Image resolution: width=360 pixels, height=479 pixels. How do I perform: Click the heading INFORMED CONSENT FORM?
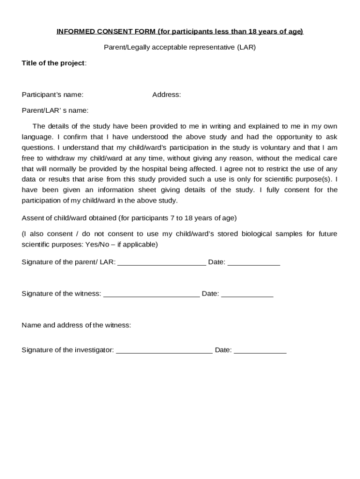(x=180, y=31)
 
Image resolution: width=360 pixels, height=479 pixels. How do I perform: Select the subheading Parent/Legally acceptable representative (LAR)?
(x=180, y=47)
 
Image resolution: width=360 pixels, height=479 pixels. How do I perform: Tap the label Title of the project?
(x=54, y=63)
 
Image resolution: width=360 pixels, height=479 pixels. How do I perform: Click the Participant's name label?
(x=53, y=94)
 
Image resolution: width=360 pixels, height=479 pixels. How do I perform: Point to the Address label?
(x=166, y=94)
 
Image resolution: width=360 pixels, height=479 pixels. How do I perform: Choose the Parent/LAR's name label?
(x=55, y=110)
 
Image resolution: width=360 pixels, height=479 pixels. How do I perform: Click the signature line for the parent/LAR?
(x=161, y=263)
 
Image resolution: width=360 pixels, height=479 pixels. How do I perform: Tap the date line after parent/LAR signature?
(x=253, y=263)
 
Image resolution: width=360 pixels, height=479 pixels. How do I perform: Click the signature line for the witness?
(x=151, y=295)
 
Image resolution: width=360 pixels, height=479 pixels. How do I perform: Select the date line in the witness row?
(x=247, y=295)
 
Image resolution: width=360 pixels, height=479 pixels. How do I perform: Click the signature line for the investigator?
(x=164, y=351)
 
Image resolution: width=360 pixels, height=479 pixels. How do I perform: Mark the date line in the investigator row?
(x=260, y=351)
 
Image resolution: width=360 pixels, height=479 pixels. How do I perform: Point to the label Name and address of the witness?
(x=76, y=325)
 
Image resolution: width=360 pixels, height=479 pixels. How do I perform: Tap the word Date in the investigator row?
(x=223, y=350)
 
